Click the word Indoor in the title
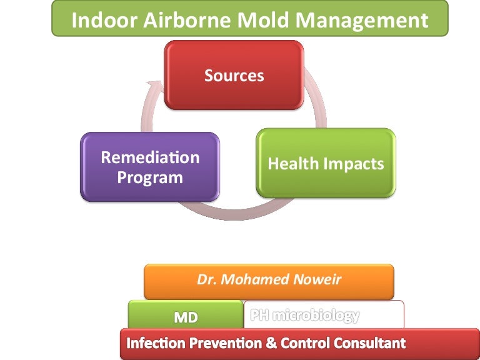point(104,20)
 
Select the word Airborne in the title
point(187,20)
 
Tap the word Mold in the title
point(263,20)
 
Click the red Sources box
point(234,75)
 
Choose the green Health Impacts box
point(326,163)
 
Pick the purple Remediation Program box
point(150,167)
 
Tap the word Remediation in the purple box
point(150,157)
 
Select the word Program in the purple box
point(150,178)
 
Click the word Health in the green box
point(293,164)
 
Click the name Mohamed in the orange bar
point(255,279)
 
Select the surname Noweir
point(317,279)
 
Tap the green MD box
point(186,314)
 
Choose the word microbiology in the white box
point(316,316)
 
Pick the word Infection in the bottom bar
point(156,343)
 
